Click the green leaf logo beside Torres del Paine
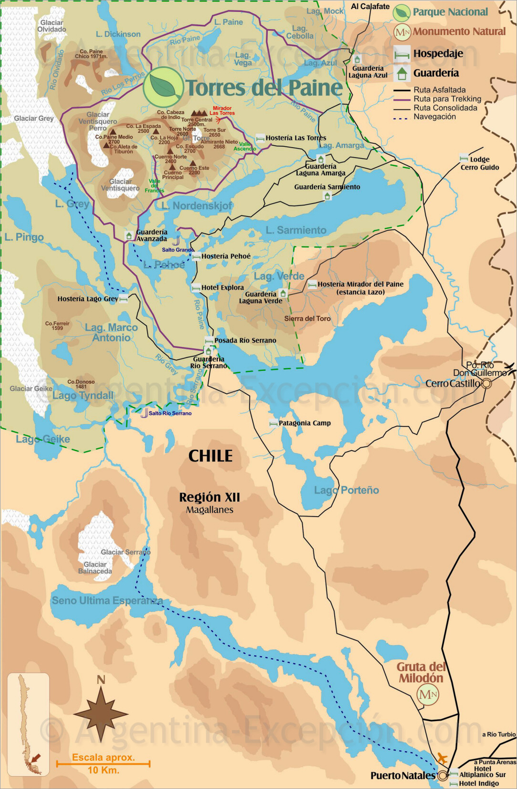click(x=163, y=87)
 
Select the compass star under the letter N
click(x=101, y=714)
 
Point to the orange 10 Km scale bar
click(x=103, y=764)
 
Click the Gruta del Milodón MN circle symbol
click(x=428, y=694)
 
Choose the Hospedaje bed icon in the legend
click(x=402, y=54)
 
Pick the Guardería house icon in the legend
click(x=402, y=73)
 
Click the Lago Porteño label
click(x=347, y=490)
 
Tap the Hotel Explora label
click(x=222, y=288)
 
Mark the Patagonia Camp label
click(x=305, y=423)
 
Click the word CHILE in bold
click(x=211, y=456)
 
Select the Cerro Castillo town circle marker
click(x=486, y=383)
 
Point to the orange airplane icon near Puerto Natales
click(x=443, y=758)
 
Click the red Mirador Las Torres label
click(x=222, y=111)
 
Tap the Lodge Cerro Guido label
click(x=479, y=163)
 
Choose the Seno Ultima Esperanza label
click(x=107, y=601)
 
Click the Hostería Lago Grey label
click(x=87, y=299)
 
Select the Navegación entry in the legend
click(x=434, y=117)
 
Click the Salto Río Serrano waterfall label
click(x=170, y=413)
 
